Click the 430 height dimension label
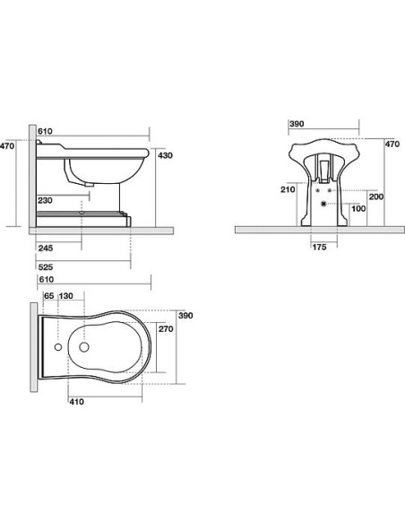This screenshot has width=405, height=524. [165, 155]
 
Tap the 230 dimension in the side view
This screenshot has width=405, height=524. [45, 200]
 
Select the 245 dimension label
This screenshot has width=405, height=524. [46, 248]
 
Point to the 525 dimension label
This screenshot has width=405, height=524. [46, 267]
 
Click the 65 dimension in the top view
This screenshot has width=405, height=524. [48, 296]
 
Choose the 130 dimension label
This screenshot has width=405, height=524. [65, 296]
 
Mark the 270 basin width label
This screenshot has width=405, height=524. [166, 329]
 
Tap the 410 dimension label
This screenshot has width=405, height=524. [77, 402]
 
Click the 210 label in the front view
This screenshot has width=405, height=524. [288, 190]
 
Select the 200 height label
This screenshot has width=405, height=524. [376, 196]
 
